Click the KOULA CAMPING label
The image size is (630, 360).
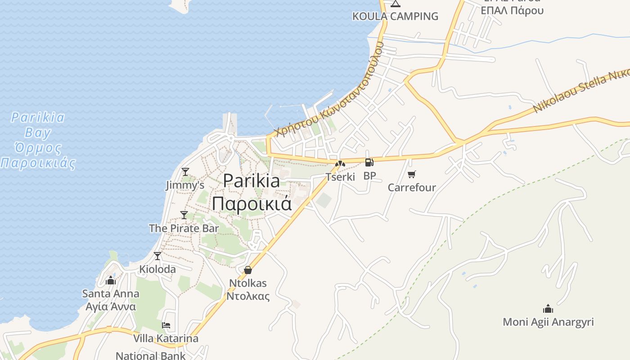pos(395,16)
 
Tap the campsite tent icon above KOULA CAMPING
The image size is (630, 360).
pos(395,4)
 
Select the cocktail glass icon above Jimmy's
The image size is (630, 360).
pos(185,171)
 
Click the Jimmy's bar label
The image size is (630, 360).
pos(185,185)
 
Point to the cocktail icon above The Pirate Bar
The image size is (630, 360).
pos(184,215)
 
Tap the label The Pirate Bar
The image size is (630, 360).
pos(184,228)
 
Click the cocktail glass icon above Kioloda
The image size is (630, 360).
pos(157,256)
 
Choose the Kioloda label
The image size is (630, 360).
pos(157,269)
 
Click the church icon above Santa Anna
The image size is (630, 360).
pos(111,281)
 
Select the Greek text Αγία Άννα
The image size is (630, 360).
pos(111,306)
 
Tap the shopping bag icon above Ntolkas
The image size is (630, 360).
pos(247,270)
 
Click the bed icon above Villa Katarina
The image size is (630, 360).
pos(166,325)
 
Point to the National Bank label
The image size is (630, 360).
pos(150,355)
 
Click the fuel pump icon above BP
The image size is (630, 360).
pos(369,162)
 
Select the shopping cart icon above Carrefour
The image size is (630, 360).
pos(411,174)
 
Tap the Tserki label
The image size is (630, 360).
pos(340,177)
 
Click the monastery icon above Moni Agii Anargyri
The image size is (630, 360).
pos(548,309)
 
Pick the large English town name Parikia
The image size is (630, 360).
pos(252,181)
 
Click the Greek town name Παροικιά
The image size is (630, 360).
pos(252,203)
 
